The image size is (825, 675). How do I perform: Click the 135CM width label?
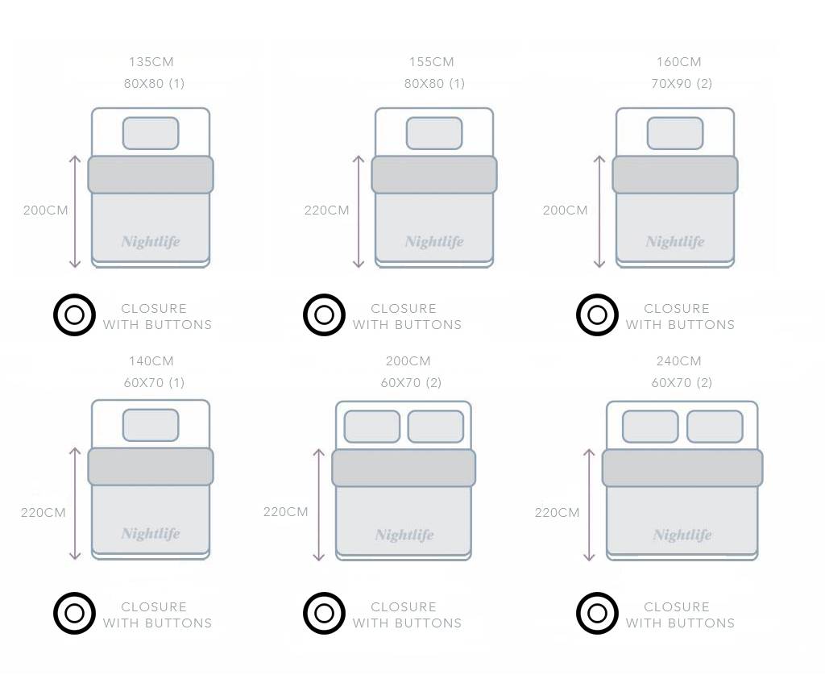[151, 61]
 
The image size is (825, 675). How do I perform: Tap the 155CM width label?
[432, 61]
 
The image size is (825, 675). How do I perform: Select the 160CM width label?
[678, 61]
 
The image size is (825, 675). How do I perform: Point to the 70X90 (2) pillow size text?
[682, 83]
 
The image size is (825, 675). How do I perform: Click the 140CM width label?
[151, 360]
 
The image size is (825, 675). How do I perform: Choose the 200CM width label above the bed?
[408, 360]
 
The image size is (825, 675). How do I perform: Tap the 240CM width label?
[678, 360]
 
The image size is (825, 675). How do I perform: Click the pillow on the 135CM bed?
[151, 133]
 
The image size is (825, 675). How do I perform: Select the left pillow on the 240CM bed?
[650, 427]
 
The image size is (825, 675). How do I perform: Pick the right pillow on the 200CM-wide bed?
[436, 427]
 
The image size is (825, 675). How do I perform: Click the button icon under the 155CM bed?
[324, 315]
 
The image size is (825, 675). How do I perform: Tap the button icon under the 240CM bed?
[597, 614]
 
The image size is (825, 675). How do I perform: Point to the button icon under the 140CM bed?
[75, 614]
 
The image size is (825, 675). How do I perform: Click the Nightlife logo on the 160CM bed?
[675, 242]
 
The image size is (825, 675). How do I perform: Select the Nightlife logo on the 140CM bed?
[151, 533]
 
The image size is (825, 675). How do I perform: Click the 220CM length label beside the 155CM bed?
[327, 210]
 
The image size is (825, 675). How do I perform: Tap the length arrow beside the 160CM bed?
[599, 211]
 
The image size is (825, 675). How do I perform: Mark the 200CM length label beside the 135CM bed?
[46, 210]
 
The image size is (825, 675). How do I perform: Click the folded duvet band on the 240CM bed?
[682, 468]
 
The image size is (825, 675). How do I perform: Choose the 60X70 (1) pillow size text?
[154, 382]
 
